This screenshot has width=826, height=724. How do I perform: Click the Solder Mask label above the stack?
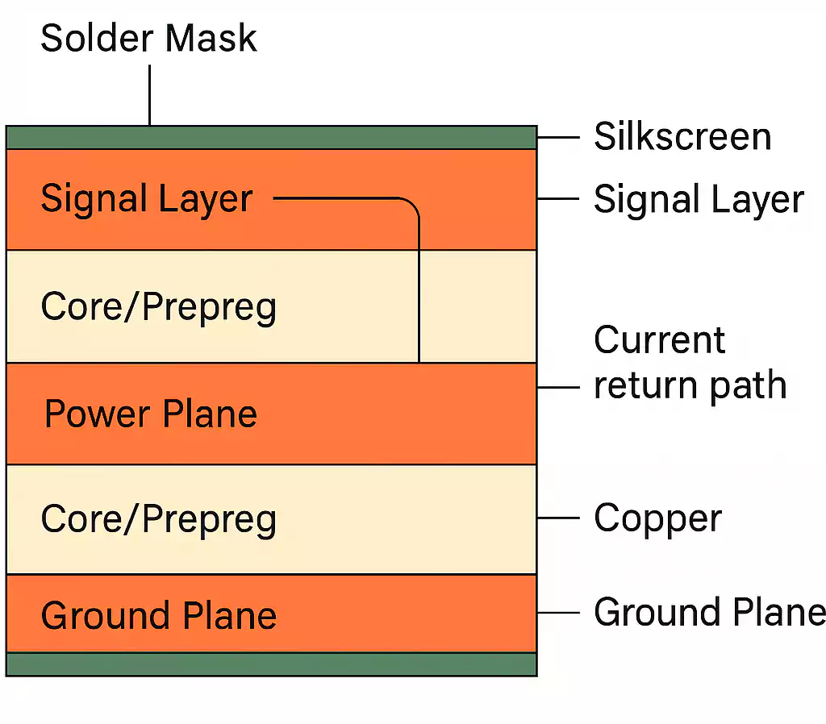click(x=148, y=38)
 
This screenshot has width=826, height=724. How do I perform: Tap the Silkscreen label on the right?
click(x=682, y=136)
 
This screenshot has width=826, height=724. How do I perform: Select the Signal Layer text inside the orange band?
click(x=147, y=198)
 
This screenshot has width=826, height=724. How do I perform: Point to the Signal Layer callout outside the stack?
click(x=699, y=199)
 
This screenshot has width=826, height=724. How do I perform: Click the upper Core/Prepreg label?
click(x=158, y=306)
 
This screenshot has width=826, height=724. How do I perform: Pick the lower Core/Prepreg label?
click(x=158, y=519)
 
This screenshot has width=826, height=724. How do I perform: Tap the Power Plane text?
click(x=151, y=414)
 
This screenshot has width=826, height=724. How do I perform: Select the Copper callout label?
click(x=657, y=518)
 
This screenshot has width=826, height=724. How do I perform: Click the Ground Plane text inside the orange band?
click(x=159, y=616)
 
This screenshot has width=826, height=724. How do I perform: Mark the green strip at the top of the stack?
click(x=271, y=138)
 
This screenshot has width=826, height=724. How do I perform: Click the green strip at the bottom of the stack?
click(x=271, y=664)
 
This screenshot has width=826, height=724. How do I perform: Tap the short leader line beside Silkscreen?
click(x=558, y=137)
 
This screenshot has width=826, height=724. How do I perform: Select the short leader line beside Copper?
click(x=558, y=518)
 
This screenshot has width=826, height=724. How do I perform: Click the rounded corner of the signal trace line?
click(x=413, y=204)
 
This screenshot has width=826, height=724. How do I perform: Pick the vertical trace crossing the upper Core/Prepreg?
click(x=419, y=306)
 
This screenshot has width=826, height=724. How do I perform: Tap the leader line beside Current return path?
click(x=558, y=388)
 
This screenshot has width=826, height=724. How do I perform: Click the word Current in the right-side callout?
click(x=660, y=340)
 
